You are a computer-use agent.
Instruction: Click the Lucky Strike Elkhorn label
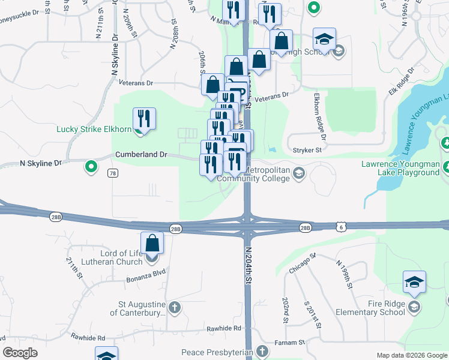click(94, 129)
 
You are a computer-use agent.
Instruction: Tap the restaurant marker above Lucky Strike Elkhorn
click(144, 118)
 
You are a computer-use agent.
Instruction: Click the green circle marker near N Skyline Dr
click(91, 166)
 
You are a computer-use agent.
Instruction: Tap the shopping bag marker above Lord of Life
click(153, 244)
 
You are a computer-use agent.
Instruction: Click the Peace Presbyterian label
click(217, 352)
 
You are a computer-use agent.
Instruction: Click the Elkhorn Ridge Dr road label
click(319, 116)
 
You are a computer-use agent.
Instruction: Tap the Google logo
click(20, 353)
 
